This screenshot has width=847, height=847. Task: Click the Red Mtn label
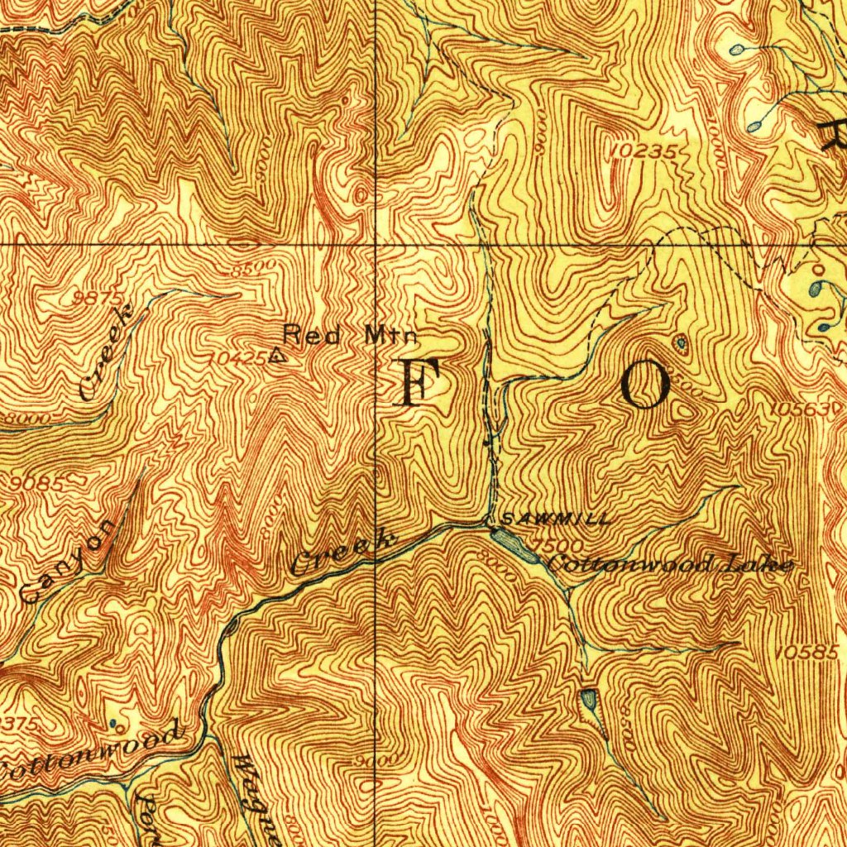(x=349, y=335)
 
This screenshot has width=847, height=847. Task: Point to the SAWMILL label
(x=556, y=519)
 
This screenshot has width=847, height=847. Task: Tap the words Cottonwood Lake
(x=670, y=566)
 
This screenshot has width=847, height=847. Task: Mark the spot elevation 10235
(x=647, y=151)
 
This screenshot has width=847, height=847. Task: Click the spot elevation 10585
(x=808, y=653)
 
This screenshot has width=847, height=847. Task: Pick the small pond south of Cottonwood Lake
(x=589, y=700)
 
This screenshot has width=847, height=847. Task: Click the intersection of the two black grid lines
(x=376, y=244)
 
